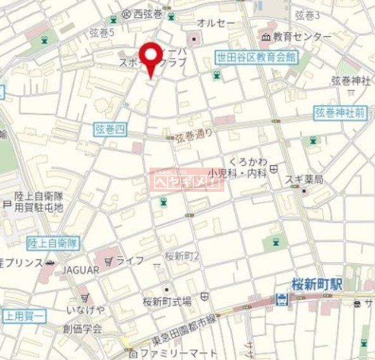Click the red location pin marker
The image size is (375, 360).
click(150, 58)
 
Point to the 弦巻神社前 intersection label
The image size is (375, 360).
click(340, 113)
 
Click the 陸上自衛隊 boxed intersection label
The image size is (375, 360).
click(53, 242)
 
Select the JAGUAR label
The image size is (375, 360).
click(80, 270)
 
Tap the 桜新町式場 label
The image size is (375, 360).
click(167, 301)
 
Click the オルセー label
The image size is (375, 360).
click(216, 23)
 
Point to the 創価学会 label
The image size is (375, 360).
click(82, 329)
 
